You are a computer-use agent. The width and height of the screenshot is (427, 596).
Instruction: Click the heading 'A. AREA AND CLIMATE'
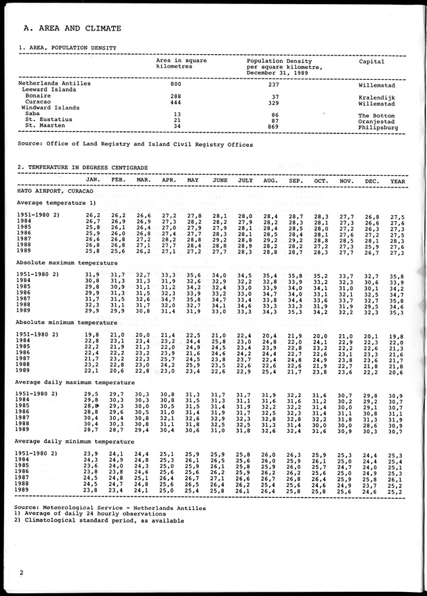[x=72, y=29]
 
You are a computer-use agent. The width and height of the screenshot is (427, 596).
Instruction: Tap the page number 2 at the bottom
[x=22, y=573]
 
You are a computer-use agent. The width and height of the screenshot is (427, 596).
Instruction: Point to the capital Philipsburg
[x=378, y=127]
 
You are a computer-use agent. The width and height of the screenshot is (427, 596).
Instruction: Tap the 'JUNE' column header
[x=220, y=180]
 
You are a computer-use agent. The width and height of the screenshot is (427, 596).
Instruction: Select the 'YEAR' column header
[x=398, y=180]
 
